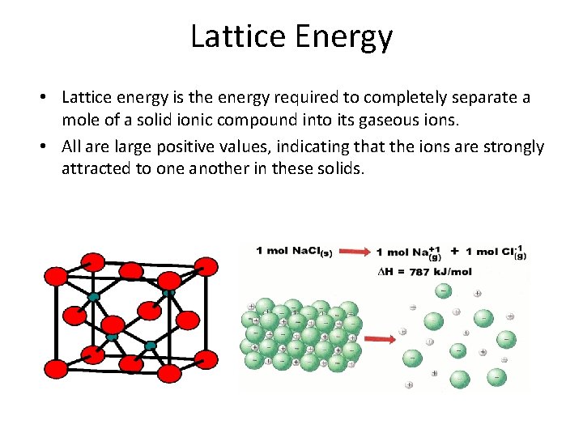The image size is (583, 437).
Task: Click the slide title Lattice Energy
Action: click(291, 36)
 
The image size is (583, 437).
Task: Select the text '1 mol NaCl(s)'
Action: click(304, 252)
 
